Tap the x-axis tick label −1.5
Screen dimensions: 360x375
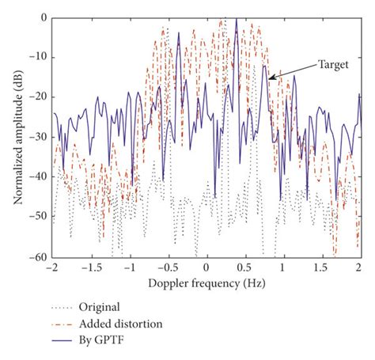(x=92, y=268)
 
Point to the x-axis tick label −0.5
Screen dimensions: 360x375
(x=169, y=268)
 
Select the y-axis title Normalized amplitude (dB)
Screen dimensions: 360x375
(x=17, y=137)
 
